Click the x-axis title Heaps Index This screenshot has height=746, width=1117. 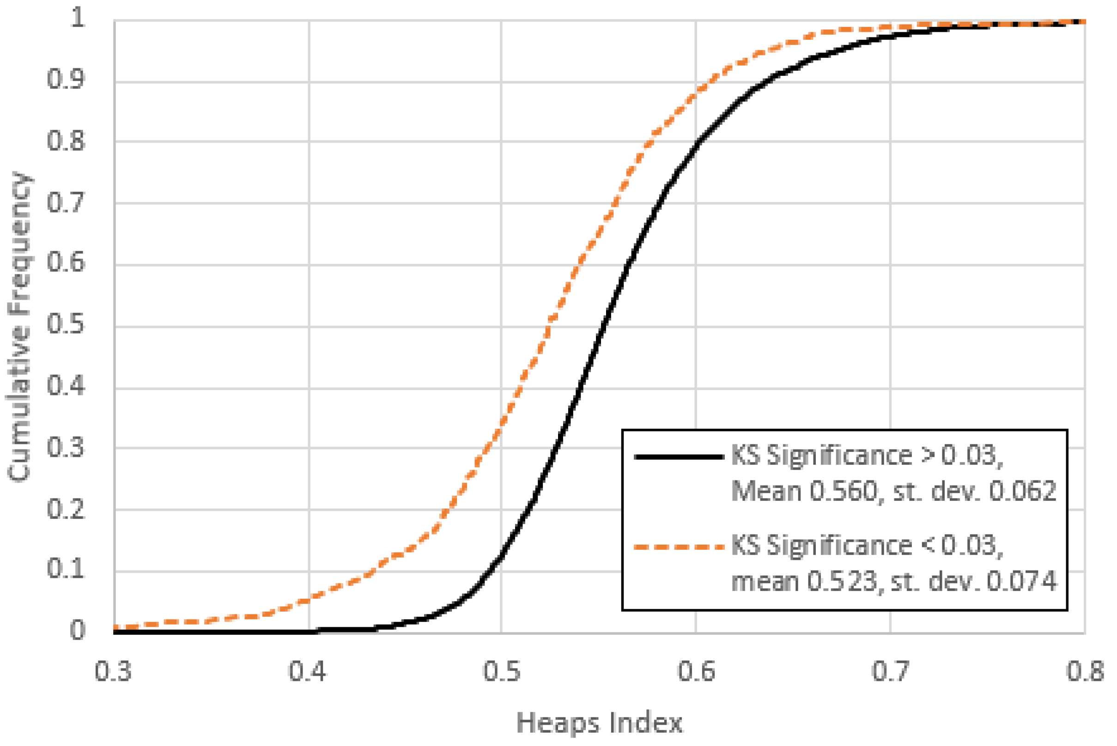(600, 723)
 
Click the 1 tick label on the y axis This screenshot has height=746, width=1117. (78, 19)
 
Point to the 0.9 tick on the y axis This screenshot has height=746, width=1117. (66, 80)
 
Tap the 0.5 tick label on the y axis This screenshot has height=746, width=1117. (66, 325)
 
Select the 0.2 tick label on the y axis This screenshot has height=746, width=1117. (66, 509)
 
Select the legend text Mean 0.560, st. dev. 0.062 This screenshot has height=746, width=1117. (893, 491)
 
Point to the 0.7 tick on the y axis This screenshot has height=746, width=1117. (66, 203)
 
